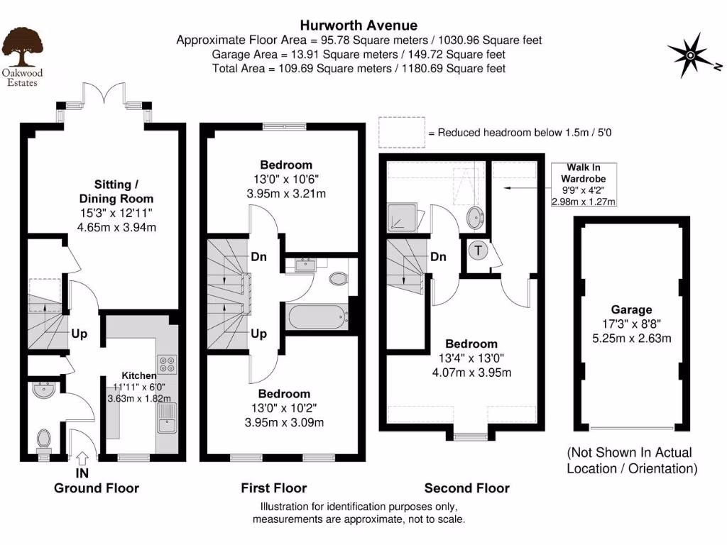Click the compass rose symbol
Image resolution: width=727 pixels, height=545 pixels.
691,55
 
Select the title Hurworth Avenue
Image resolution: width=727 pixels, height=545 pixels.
358,26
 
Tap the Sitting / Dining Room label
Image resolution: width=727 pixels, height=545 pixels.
116,192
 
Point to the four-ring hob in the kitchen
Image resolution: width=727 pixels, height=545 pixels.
168,365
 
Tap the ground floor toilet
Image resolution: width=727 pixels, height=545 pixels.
44,438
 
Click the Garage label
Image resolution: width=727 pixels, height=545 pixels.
631,309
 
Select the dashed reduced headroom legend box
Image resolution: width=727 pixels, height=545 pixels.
401,133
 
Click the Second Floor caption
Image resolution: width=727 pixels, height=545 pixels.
466,488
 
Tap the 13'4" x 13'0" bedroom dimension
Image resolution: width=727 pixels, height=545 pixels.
467,358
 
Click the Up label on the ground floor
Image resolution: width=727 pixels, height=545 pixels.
79,334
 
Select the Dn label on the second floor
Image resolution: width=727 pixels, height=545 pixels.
438,257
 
